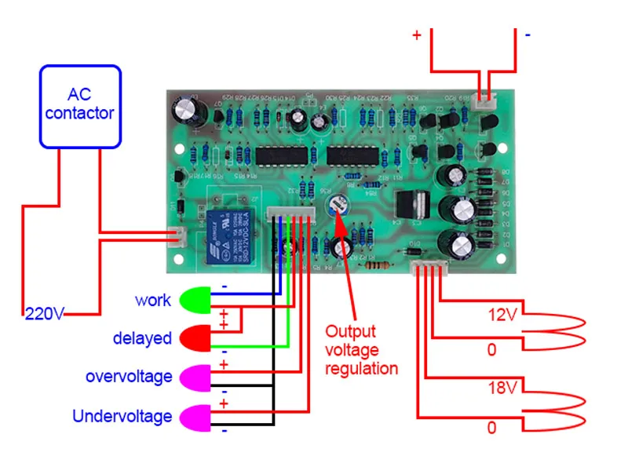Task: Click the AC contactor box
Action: pos(81,106)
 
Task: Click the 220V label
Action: pos(43,314)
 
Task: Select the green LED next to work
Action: pos(195,300)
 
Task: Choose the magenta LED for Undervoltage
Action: pos(195,415)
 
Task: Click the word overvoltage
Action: pos(129,377)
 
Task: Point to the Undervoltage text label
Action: pos(122,416)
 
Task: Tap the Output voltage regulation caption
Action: pos(362,349)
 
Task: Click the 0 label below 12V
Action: pos(492,349)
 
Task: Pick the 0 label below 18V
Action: pos(492,428)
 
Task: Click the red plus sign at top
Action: pos(416,35)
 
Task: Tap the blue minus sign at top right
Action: pos(528,35)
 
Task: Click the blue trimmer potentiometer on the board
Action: pos(338,206)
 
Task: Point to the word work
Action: pos(152,300)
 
